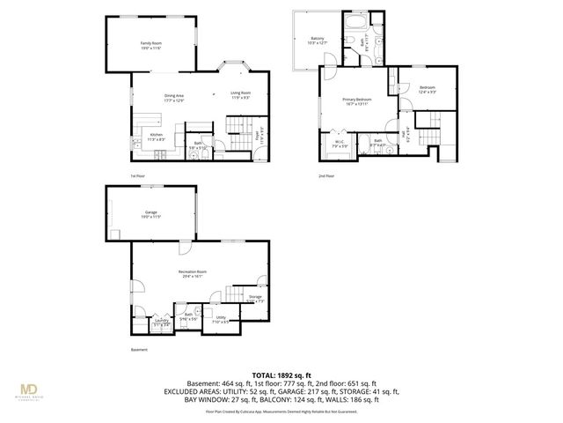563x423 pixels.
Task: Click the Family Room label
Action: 150,45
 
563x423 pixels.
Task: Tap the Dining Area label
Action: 173,98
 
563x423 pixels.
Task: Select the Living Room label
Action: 240,94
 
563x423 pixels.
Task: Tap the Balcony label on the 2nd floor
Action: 318,40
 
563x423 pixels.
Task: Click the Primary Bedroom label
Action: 357,100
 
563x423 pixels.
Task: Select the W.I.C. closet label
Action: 339,143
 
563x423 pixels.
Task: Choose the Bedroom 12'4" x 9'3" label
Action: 428,89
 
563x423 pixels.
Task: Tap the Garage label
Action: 150,214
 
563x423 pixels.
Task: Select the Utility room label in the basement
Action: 220,319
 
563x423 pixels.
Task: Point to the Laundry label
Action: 162,323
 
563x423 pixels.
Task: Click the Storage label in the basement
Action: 255,298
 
